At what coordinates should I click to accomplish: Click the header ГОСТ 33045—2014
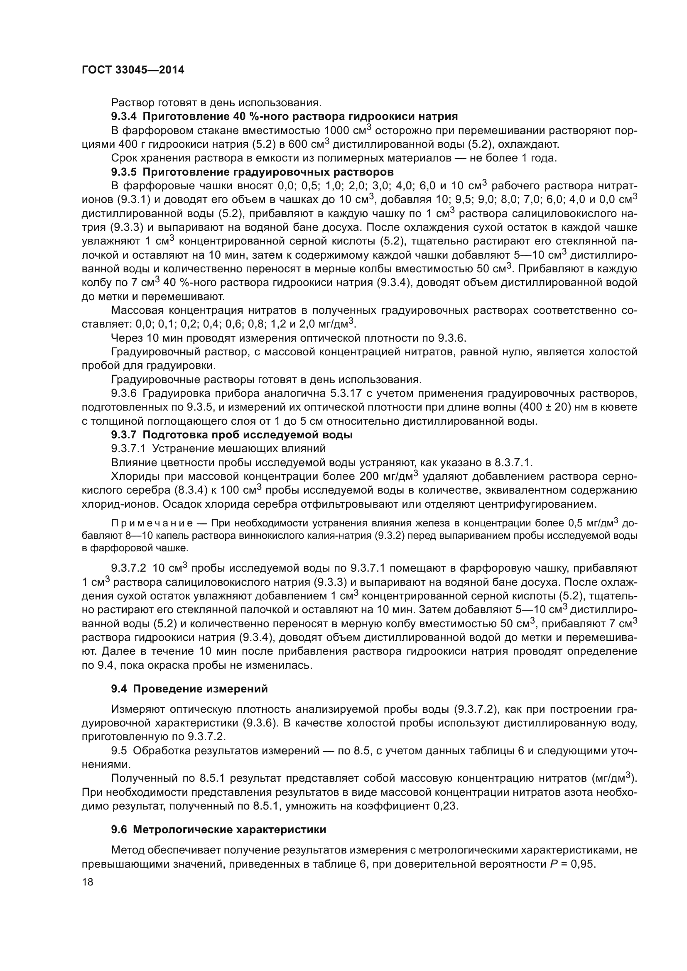tap(133, 70)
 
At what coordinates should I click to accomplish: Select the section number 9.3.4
tap(125, 116)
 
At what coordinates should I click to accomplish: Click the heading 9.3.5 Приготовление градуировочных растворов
tap(252, 172)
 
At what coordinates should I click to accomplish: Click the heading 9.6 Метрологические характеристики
tap(218, 829)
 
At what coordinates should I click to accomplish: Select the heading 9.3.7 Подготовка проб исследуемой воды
tap(232, 435)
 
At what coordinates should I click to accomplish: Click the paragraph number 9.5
tap(119, 751)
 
